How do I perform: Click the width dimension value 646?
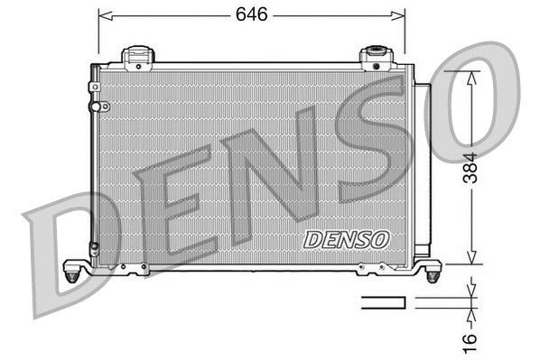point(251,14)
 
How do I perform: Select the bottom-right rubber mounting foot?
point(431,268)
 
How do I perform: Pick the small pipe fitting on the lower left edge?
point(94,247)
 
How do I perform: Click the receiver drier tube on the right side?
point(422,171)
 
